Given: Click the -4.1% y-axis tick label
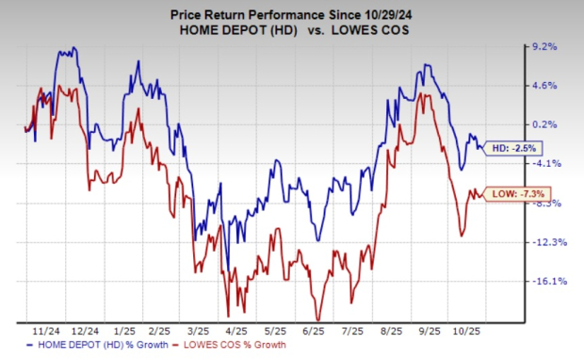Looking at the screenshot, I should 547,163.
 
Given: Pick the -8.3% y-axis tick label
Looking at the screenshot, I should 547,203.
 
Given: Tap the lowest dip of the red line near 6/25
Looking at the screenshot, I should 317,320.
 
